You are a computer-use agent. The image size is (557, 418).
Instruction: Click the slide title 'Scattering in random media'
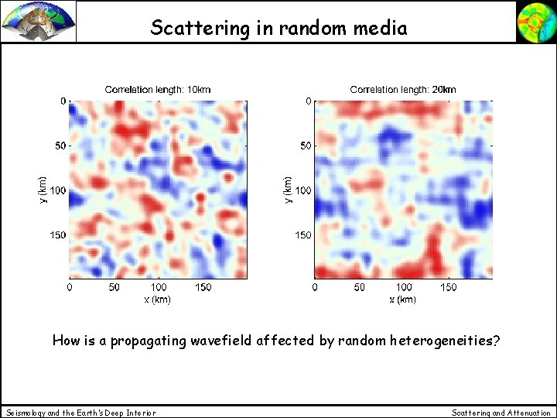point(278,28)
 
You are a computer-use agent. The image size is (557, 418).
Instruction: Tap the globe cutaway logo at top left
point(39,22)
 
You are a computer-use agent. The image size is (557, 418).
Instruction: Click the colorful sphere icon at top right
point(535,22)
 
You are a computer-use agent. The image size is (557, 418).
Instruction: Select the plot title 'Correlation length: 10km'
point(158,90)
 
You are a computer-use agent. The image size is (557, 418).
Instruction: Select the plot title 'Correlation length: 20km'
point(403,90)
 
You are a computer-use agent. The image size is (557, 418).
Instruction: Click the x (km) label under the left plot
point(158,299)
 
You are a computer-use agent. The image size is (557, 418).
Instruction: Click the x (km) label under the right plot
point(403,299)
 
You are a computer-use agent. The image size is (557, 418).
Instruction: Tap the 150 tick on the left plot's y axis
point(57,235)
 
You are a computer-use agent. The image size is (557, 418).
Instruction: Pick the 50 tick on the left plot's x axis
point(114,288)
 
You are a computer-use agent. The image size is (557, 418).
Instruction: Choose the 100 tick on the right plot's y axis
point(302,190)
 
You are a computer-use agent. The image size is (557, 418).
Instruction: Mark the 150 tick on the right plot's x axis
point(448,288)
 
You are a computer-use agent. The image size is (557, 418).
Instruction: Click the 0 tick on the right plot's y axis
point(308,101)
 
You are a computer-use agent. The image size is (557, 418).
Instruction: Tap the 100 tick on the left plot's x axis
point(158,288)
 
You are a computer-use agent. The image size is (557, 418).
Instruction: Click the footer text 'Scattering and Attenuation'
point(501,413)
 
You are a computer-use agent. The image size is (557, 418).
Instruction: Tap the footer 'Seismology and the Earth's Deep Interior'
point(80,413)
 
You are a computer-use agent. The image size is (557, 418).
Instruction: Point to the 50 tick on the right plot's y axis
point(306,146)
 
